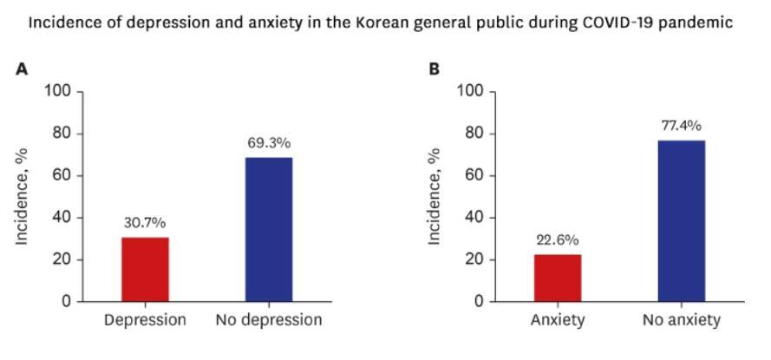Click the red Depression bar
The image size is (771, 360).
coord(145,269)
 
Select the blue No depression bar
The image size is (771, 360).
coord(268,229)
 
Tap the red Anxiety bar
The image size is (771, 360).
coord(558,278)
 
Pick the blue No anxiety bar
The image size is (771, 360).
coord(681,220)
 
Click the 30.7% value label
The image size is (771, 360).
coord(145,223)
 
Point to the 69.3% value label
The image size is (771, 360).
coord(269,143)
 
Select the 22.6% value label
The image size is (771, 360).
coord(558,240)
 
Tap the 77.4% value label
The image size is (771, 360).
coord(681,126)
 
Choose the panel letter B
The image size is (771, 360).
coord(435,69)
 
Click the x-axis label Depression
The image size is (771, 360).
coord(145,320)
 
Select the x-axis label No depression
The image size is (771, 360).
coord(269,320)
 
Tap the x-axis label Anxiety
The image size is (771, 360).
coord(558,320)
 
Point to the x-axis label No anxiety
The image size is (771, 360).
coord(682,320)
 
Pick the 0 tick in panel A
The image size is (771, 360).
coord(68,302)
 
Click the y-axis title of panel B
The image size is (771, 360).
coord(435,196)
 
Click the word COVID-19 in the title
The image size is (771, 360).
coord(617,22)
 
